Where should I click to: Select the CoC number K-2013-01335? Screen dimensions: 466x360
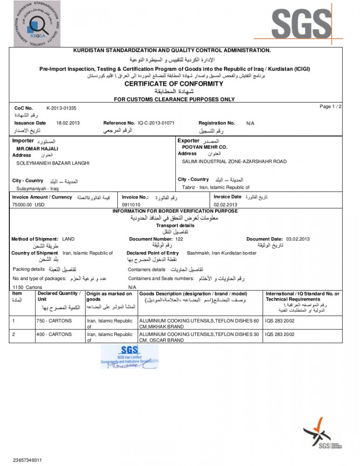[61, 108]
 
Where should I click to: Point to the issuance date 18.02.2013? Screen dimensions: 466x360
[68, 123]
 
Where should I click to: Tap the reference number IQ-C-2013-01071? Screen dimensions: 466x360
[156, 123]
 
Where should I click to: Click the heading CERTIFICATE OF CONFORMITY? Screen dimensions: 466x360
[180, 84]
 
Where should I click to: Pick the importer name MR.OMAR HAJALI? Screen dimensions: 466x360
[37, 149]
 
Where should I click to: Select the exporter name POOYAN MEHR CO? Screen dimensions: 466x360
[204, 147]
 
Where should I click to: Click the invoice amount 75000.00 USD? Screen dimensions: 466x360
[28, 205]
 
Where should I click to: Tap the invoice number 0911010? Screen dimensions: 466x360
[131, 205]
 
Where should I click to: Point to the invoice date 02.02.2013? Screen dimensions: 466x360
[225, 205]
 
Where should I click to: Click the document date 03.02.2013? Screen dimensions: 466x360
[298, 239]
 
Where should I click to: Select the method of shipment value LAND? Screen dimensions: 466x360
[68, 239]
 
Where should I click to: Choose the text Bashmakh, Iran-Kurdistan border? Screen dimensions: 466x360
[221, 253]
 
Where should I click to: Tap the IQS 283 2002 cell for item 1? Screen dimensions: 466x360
[280, 321]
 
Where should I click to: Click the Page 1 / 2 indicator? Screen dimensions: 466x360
[331, 107]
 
